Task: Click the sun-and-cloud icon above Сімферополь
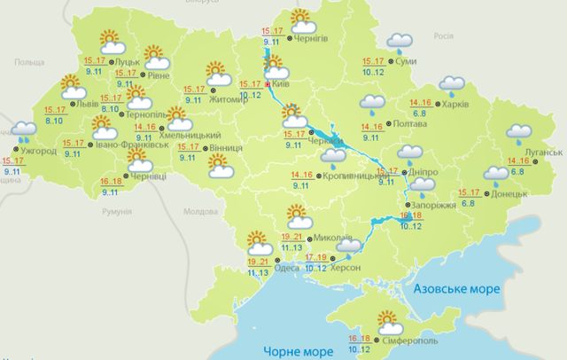click(387, 322)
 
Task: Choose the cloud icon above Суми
click(401, 41)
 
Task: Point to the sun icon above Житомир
click(217, 72)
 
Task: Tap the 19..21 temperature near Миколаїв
click(268, 238)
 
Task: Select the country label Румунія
click(115, 213)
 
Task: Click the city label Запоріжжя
click(435, 205)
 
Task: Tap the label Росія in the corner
click(443, 38)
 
